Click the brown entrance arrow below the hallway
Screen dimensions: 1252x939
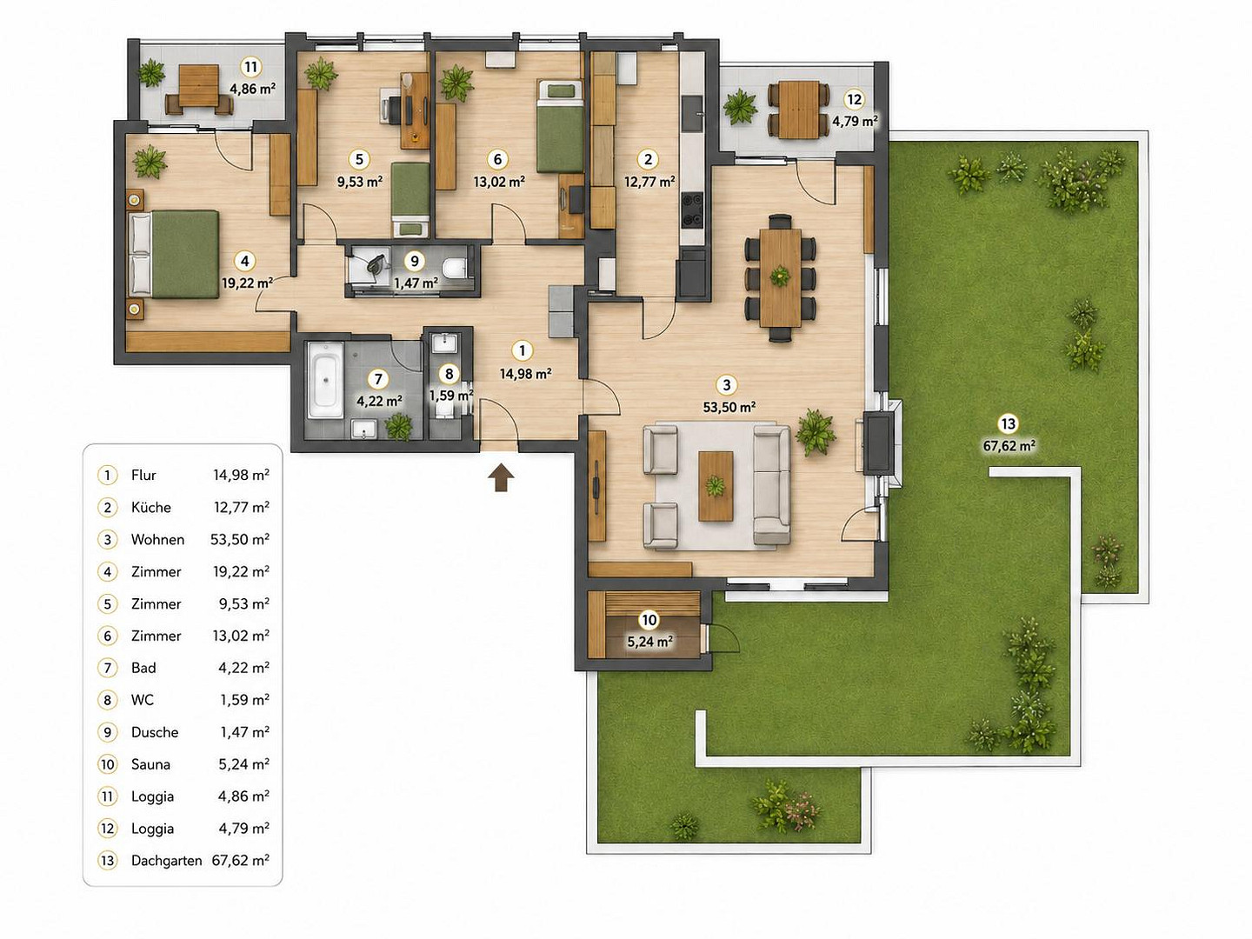click(501, 477)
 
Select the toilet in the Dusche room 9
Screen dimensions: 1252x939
click(454, 269)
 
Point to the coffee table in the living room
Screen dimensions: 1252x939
click(716, 486)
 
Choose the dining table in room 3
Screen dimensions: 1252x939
click(780, 277)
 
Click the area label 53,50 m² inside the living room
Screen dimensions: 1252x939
click(729, 407)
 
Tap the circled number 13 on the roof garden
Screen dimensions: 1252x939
click(1008, 424)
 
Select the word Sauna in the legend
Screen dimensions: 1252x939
click(150, 764)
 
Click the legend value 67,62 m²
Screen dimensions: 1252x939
click(240, 860)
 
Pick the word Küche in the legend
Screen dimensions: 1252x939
click(151, 508)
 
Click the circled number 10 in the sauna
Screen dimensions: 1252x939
click(649, 620)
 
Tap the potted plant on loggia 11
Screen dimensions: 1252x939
click(152, 74)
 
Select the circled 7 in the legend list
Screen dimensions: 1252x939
click(107, 668)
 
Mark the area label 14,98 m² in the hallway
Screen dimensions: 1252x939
click(525, 374)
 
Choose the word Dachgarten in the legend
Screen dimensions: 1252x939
click(167, 861)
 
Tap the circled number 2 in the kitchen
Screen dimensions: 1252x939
click(648, 159)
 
